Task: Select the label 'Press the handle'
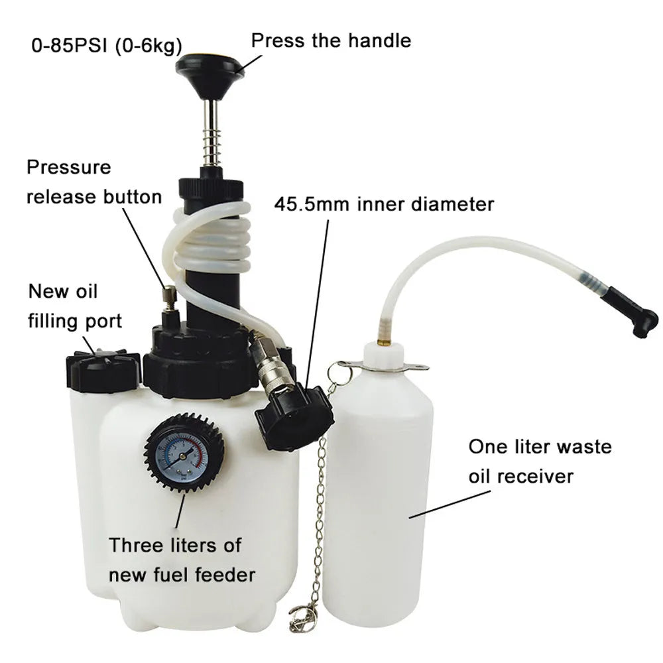[x=331, y=40]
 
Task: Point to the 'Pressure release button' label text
[x=93, y=182]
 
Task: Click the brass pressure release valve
[x=169, y=298]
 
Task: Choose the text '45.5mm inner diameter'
[x=384, y=204]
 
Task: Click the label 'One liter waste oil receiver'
[x=540, y=461]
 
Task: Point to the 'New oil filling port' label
[x=74, y=306]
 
